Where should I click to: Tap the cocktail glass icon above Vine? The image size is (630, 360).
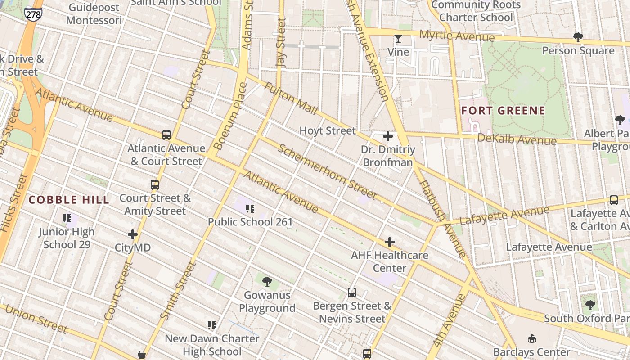(398, 39)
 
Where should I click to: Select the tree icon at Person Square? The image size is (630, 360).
(578, 37)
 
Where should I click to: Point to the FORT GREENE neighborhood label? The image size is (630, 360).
(503, 111)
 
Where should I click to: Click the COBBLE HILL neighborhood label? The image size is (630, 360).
(69, 200)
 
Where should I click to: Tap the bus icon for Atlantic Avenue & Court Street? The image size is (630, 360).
(166, 135)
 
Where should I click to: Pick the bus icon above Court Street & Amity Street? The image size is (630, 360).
(155, 184)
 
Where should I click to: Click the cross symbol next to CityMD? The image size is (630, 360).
(133, 234)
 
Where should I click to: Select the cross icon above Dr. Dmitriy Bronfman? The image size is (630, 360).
(387, 136)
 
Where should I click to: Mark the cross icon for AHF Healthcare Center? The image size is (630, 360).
(390, 243)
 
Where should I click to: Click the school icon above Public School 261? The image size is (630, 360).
(250, 208)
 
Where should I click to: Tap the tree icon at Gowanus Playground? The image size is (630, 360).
(267, 282)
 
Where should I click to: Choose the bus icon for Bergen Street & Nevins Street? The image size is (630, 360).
(352, 292)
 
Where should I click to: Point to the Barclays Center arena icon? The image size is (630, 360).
(532, 338)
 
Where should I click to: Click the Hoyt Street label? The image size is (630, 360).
(328, 130)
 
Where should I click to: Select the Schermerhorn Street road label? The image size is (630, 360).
(327, 171)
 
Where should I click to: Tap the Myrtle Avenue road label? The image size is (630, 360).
(457, 36)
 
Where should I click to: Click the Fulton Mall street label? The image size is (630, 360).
(291, 98)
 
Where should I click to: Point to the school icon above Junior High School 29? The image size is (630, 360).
(67, 219)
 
